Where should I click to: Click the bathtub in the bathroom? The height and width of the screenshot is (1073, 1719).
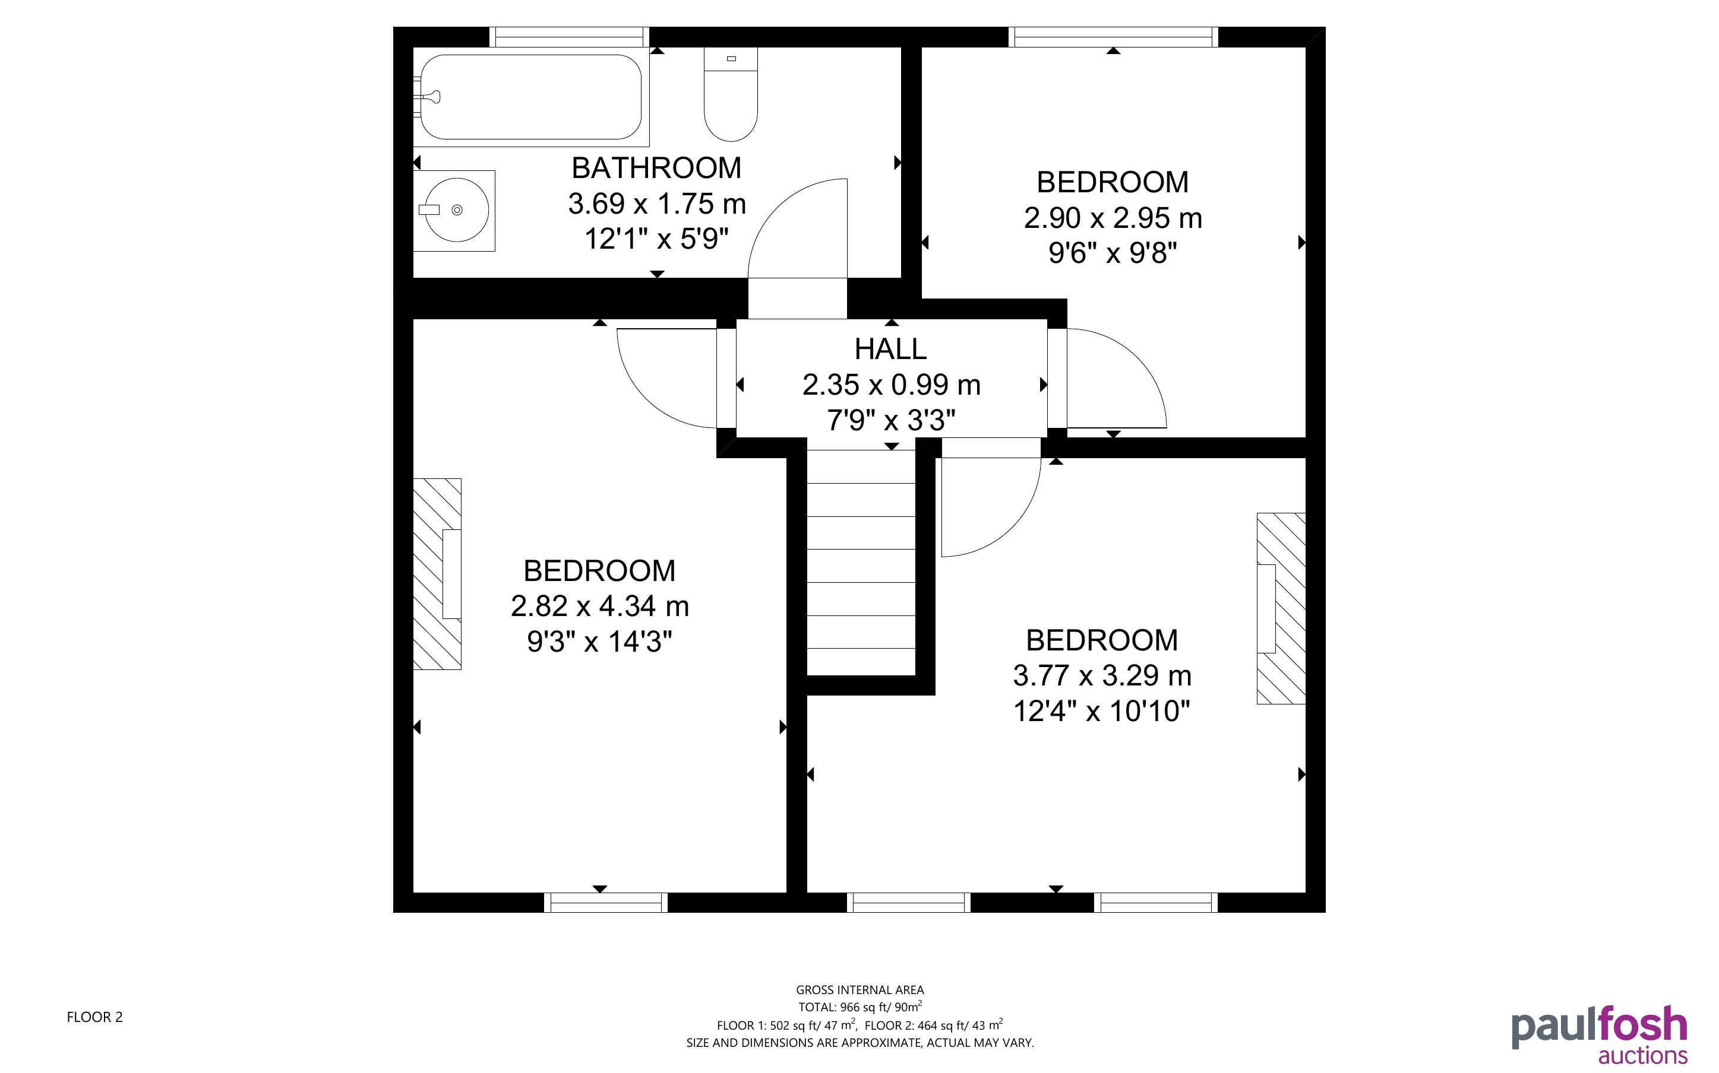(x=531, y=97)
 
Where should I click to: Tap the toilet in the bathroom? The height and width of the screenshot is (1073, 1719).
(x=731, y=94)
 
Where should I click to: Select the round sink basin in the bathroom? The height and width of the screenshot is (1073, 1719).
(x=454, y=210)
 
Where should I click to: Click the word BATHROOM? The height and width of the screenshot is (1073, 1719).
(x=656, y=168)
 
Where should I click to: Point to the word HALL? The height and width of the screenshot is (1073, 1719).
(x=890, y=349)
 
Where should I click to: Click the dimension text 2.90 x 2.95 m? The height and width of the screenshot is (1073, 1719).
(x=1113, y=218)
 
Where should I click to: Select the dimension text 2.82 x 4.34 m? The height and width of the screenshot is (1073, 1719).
(x=600, y=606)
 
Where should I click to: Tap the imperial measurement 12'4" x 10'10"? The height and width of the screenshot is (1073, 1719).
(x=1101, y=710)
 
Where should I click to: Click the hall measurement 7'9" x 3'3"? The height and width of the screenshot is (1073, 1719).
(x=890, y=421)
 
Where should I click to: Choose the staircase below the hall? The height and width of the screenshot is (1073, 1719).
(x=861, y=564)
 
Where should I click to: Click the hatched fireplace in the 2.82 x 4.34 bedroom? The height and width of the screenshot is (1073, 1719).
(x=437, y=574)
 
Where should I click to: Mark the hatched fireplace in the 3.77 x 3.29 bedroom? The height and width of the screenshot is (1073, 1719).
(x=1281, y=608)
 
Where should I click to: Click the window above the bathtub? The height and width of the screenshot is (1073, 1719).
(x=570, y=37)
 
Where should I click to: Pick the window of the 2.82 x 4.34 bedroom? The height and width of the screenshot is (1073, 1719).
(x=606, y=903)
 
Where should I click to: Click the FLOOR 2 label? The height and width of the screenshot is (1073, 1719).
(x=94, y=1017)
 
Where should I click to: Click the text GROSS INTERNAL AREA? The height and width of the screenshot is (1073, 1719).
(x=860, y=990)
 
